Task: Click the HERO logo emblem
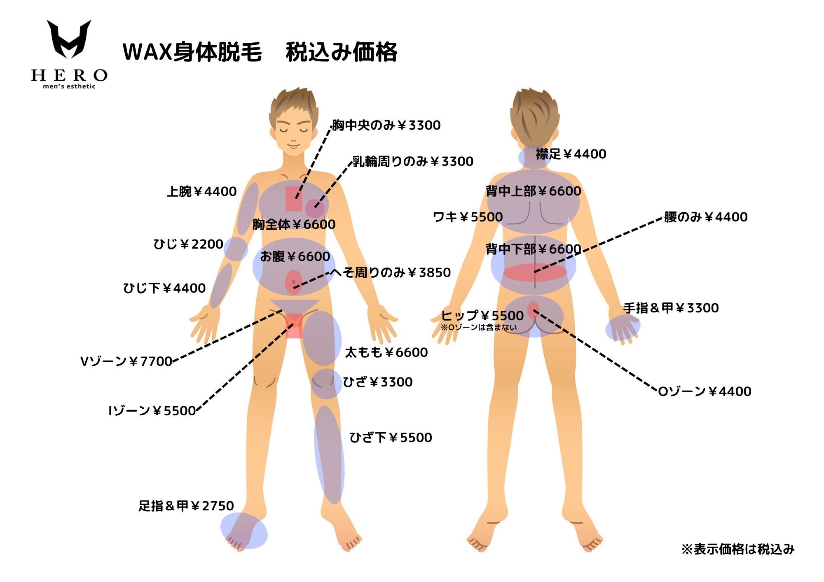click(x=69, y=39)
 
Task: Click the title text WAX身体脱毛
click(x=192, y=52)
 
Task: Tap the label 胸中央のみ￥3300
click(x=386, y=125)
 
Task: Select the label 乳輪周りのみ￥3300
click(x=412, y=161)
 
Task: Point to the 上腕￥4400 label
click(x=201, y=191)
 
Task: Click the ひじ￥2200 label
click(x=188, y=244)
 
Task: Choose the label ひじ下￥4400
click(x=164, y=288)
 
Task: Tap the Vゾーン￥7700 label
click(x=126, y=361)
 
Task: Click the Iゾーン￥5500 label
click(x=152, y=411)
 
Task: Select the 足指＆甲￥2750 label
click(x=186, y=506)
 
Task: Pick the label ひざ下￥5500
click(x=391, y=438)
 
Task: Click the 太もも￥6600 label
click(x=386, y=352)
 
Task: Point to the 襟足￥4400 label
click(x=571, y=154)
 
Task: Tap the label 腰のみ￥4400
click(x=705, y=217)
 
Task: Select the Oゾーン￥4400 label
click(x=705, y=391)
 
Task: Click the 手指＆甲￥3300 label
click(x=671, y=308)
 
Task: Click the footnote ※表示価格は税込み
click(x=737, y=549)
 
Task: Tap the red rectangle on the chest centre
click(x=294, y=199)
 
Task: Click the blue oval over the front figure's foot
click(x=244, y=531)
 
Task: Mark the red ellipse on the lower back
click(x=535, y=272)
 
